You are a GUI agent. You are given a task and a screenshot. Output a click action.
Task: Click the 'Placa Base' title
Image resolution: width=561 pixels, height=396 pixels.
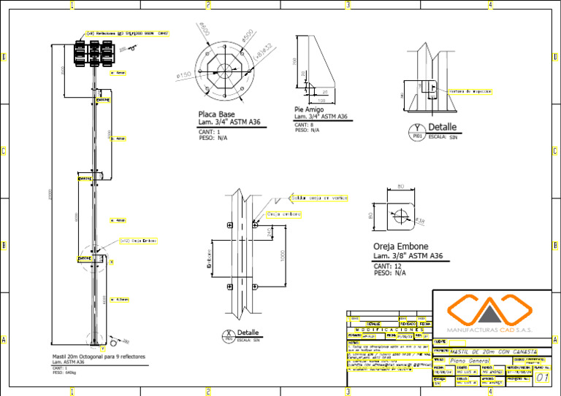coord(216,114)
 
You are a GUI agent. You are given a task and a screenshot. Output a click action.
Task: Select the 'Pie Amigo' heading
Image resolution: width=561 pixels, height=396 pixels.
coord(309,109)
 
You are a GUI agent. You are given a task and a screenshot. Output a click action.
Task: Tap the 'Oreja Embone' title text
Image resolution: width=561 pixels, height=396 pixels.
coord(400,246)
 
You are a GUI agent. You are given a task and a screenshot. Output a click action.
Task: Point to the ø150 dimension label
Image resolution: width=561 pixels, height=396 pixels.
coord(183,74)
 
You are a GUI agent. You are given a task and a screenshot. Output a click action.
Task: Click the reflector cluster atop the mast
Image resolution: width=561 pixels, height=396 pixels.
coord(93,52)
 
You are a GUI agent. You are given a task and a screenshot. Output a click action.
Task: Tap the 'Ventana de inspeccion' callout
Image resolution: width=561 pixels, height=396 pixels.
coord(471,92)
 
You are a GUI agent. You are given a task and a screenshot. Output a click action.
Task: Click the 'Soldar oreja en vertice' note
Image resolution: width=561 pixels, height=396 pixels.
coord(319,198)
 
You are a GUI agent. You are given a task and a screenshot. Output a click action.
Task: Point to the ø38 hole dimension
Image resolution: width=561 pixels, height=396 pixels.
coord(420,220)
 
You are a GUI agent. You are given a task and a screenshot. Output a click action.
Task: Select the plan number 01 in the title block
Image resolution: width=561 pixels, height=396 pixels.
coord(541,378)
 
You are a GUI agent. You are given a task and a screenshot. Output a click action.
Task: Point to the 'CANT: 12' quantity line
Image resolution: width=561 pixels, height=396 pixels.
coord(387,266)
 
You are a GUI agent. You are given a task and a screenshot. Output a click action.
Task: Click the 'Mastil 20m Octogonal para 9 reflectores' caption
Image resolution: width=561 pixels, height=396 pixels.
coord(99,357)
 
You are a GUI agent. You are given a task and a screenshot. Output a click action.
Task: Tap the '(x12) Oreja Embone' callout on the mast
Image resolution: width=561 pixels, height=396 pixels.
coord(138,240)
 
